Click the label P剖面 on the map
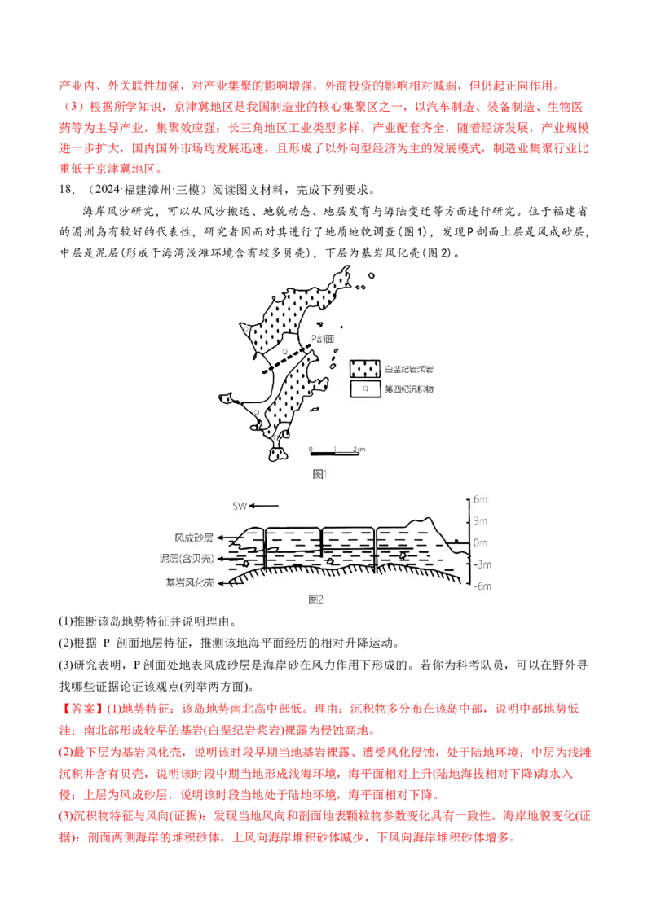(324, 340)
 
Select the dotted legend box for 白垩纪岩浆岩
(365, 368)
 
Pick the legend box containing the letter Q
(365, 389)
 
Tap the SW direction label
(240, 506)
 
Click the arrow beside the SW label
(265, 506)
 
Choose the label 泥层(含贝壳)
(187, 560)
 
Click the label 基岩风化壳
(190, 582)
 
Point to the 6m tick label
(481, 499)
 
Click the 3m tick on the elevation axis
(481, 521)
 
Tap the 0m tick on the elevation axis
(481, 542)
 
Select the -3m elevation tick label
(481, 564)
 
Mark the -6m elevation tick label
(481, 586)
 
